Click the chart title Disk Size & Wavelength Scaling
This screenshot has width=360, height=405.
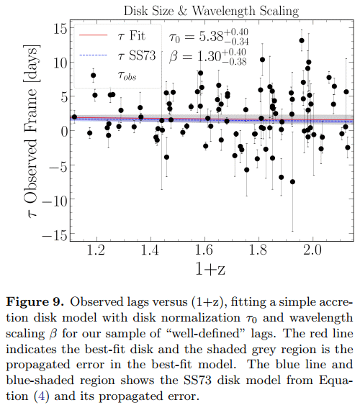tap(211, 11)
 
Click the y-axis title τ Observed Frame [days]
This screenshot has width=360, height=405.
tap(32, 131)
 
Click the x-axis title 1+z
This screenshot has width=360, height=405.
tap(210, 268)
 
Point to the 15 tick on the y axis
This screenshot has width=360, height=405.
tap(60, 28)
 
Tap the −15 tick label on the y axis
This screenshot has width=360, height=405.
tap(54, 235)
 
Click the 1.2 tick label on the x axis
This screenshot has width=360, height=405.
tap(96, 250)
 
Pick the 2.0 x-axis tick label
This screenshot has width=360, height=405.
tap(312, 250)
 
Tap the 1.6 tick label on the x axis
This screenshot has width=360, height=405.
tap(204, 250)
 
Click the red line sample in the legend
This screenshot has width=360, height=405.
tap(93, 35)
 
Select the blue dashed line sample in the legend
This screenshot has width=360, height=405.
tap(93, 55)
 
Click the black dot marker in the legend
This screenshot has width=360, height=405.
tap(94, 76)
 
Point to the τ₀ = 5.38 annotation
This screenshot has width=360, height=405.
tap(209, 37)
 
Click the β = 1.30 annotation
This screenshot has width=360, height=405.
tap(208, 57)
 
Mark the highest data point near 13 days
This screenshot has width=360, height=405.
tap(302, 40)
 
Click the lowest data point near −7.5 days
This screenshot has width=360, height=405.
tap(292, 182)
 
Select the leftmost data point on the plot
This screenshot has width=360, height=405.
tap(74, 117)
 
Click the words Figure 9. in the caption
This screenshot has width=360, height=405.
tap(35, 302)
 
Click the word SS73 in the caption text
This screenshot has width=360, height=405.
tap(197, 381)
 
